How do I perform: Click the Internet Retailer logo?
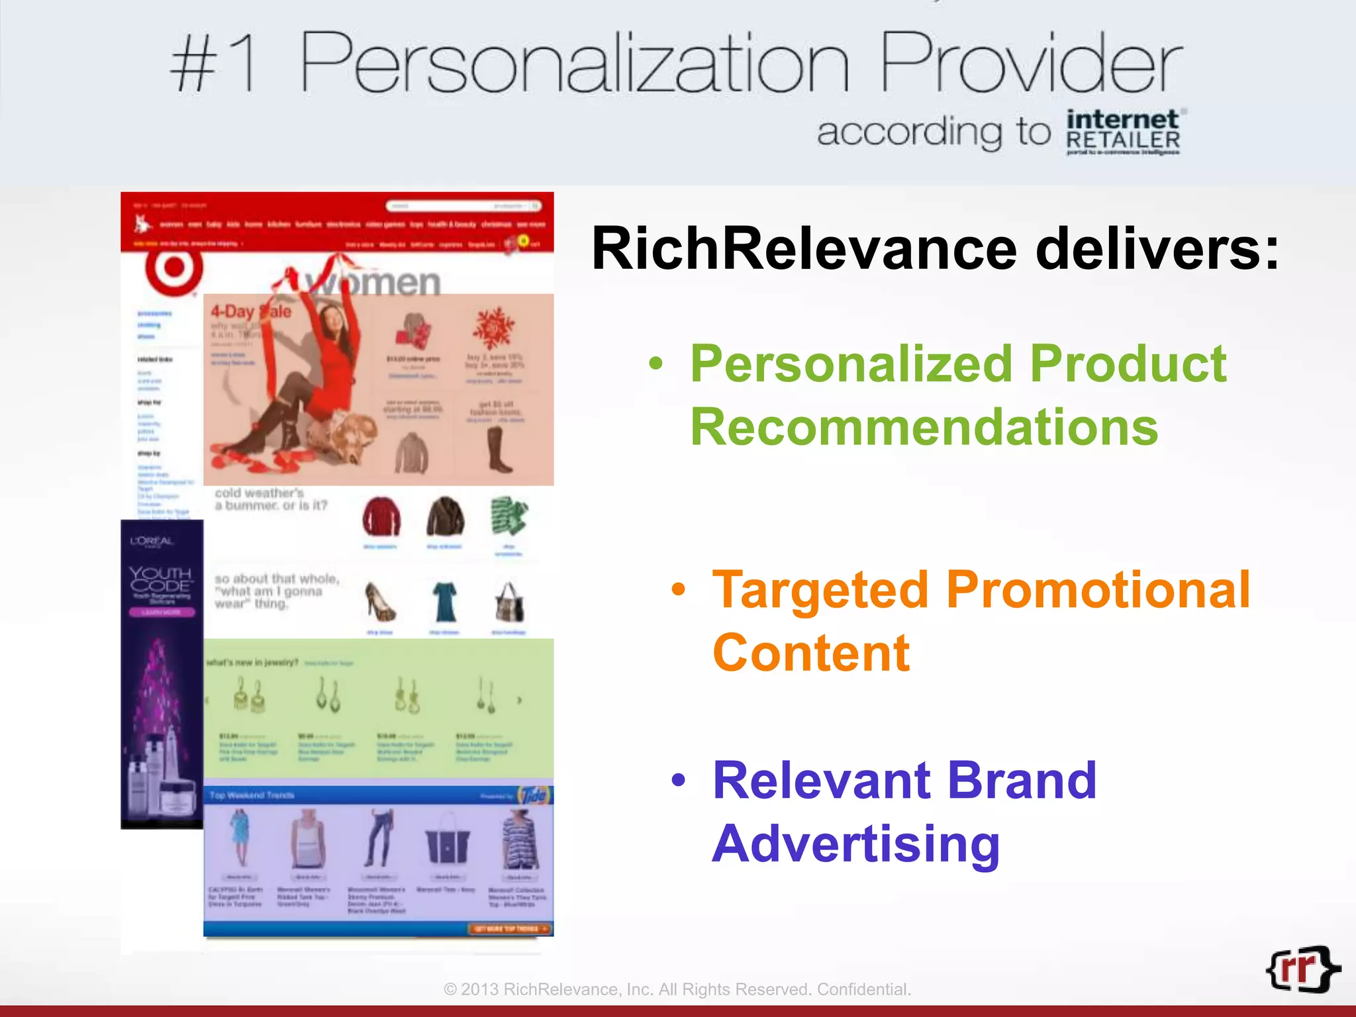(x=1123, y=132)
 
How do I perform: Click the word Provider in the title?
(x=1030, y=65)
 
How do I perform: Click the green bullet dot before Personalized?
(x=655, y=363)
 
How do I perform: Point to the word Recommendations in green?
(x=924, y=427)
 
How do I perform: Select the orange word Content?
(x=810, y=653)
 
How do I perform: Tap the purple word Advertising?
(x=855, y=844)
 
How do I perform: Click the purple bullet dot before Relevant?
(x=677, y=781)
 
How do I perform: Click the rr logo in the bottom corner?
(x=1302, y=969)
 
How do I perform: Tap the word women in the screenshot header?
(x=374, y=283)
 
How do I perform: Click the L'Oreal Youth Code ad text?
(x=160, y=579)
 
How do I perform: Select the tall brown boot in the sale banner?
(x=498, y=450)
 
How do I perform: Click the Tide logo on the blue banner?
(x=534, y=795)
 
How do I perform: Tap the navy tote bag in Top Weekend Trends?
(x=447, y=845)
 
